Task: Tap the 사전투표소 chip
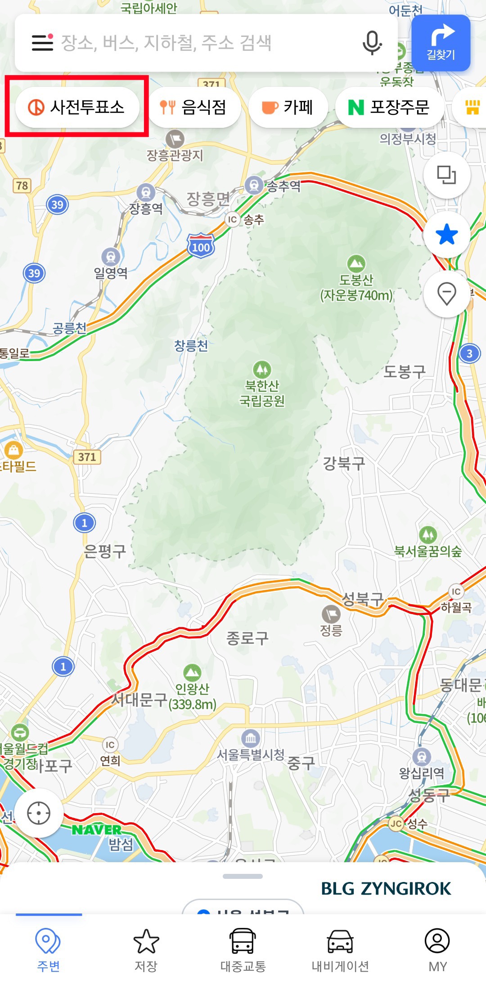[77, 107]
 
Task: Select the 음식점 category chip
[194, 107]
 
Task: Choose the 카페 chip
[288, 107]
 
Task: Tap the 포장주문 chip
[390, 107]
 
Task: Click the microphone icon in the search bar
[372, 43]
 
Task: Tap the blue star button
[447, 235]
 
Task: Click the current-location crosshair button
[39, 813]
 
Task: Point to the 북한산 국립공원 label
[262, 393]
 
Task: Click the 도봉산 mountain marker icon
[356, 263]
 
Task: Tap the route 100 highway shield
[201, 246]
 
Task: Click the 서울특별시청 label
[251, 755]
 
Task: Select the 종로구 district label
[247, 638]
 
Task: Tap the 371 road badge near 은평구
[87, 457]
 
